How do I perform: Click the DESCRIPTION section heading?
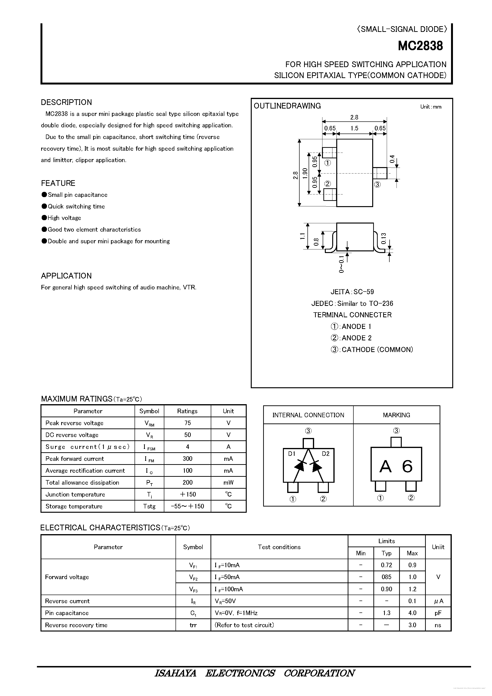[66, 102]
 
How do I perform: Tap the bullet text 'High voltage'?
[64, 218]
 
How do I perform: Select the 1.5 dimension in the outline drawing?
[354, 128]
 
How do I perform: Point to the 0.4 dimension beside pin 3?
[392, 159]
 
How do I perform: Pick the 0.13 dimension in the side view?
[384, 239]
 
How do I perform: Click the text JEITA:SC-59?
[352, 292]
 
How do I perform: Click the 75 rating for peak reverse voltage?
[187, 423]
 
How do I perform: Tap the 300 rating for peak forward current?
[187, 459]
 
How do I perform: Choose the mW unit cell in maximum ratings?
[228, 482]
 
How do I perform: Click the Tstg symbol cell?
[149, 506]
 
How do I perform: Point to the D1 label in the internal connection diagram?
[291, 454]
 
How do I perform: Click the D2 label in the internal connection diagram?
[326, 454]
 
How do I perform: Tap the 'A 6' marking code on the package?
[396, 467]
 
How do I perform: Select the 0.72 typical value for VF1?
[387, 565]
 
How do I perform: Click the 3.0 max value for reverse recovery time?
[412, 625]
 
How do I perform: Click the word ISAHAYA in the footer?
[175, 673]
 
